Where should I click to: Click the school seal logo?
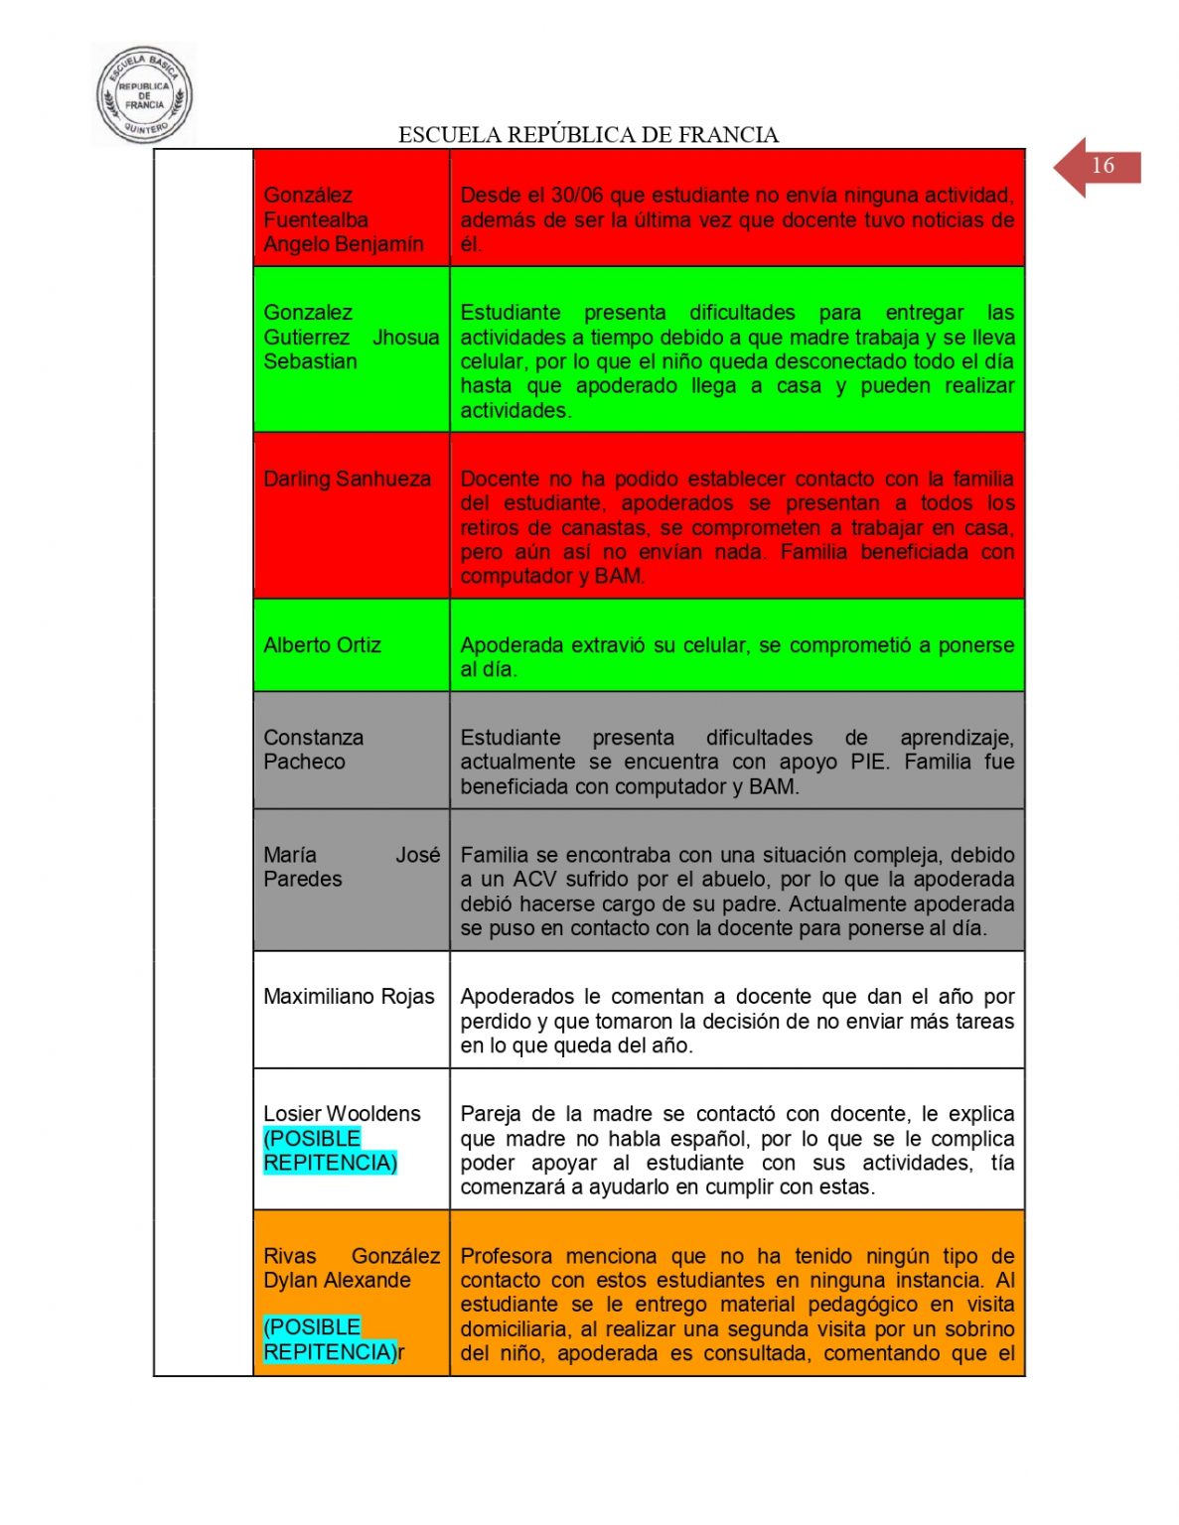pos(144,96)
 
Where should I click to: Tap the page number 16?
pos(1103,166)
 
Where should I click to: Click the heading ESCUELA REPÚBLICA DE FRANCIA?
pos(588,135)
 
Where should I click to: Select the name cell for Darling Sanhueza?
pos(347,480)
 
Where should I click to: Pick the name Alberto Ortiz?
pos(322,645)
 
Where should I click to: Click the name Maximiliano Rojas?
pos(349,997)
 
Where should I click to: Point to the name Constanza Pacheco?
pos(313,750)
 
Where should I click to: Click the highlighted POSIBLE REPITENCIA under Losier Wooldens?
pos(330,1151)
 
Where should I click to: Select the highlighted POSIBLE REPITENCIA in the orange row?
pos(329,1339)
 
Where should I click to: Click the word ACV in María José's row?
pos(534,880)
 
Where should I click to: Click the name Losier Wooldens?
pos(342,1114)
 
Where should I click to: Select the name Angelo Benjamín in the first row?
pos(343,244)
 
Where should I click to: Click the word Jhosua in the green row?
pos(405,338)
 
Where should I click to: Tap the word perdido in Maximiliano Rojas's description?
pos(498,1022)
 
